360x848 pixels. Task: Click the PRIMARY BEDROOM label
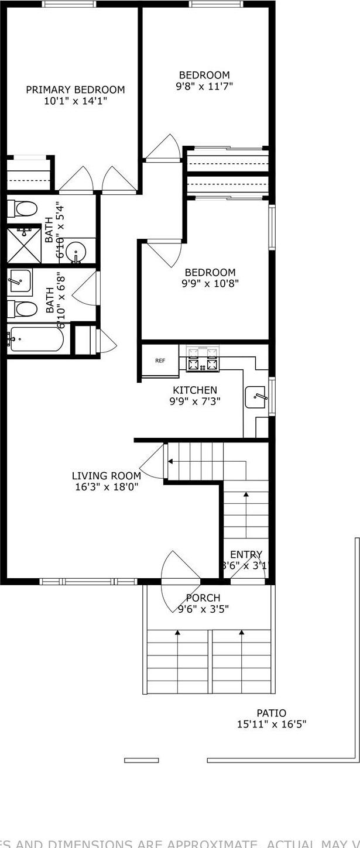coord(75,90)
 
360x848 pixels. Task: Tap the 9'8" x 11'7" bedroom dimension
coord(204,87)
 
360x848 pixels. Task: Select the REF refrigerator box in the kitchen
coord(160,361)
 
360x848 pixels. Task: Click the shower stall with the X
coord(23,245)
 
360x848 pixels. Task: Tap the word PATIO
coord(272,713)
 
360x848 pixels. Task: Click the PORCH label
coord(203,598)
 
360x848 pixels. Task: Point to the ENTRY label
coord(246,554)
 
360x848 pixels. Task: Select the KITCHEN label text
coord(195,390)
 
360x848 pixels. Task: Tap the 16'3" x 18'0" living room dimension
coord(106,487)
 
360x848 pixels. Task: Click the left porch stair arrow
coord(177,633)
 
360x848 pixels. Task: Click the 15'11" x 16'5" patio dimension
coord(272,725)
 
